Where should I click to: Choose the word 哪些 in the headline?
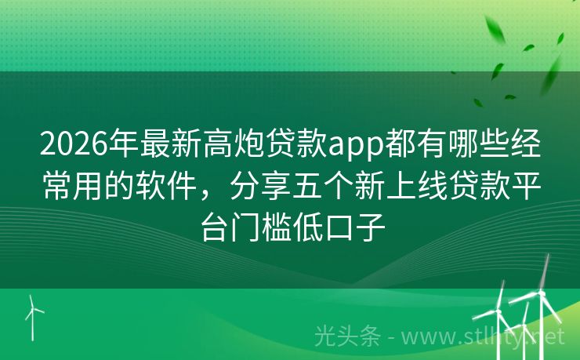[x=479, y=144]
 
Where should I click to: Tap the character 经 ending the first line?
[x=525, y=144]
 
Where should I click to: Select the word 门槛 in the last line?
[x=263, y=227]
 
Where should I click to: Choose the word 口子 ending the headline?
[x=356, y=227]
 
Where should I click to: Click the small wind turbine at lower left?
[x=33, y=317]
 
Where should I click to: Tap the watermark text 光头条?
[x=348, y=336]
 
